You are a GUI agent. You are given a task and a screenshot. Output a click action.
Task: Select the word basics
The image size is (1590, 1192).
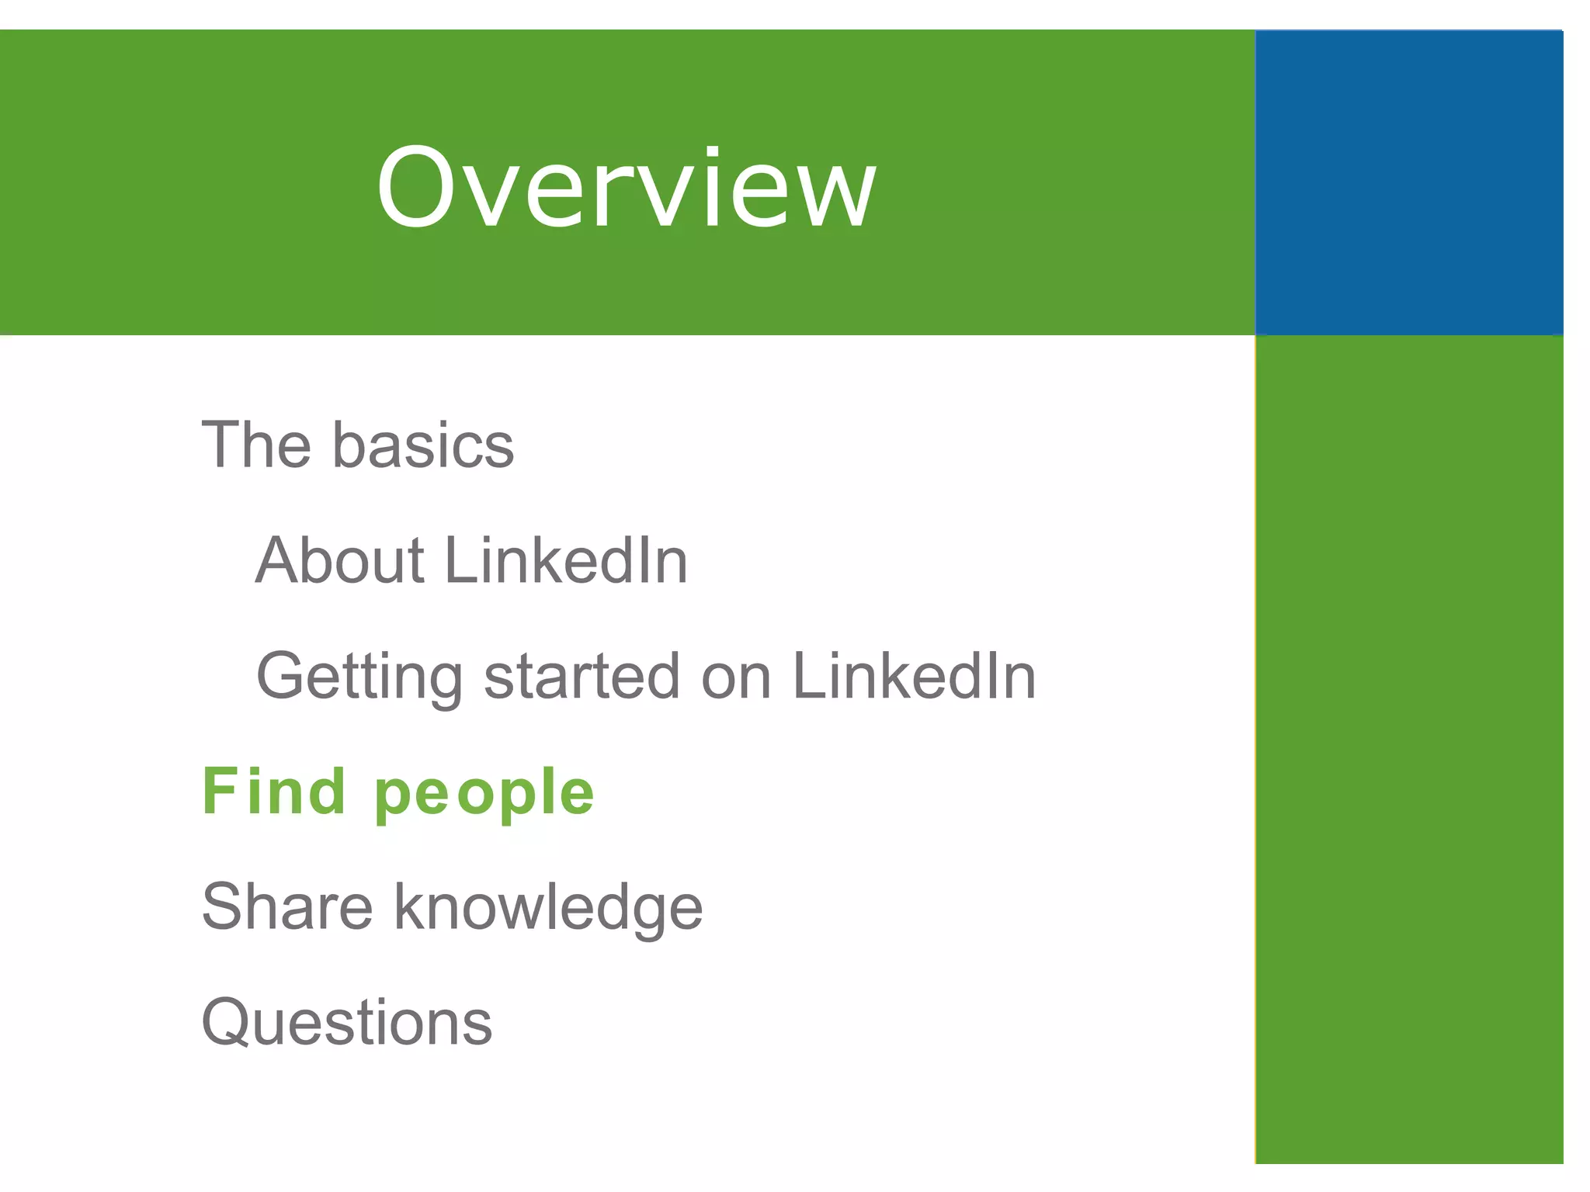(x=423, y=445)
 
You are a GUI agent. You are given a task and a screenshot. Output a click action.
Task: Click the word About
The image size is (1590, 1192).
(x=340, y=560)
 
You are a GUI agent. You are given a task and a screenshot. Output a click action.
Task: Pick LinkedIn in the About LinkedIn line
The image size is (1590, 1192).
(x=566, y=560)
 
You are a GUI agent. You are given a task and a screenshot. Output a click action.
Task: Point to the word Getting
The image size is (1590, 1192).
(x=359, y=677)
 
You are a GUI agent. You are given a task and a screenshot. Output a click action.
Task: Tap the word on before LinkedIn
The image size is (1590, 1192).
(x=735, y=677)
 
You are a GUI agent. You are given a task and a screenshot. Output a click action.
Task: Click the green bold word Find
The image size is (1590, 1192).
(x=273, y=791)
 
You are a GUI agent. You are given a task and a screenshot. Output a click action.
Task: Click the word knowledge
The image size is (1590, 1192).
(x=548, y=908)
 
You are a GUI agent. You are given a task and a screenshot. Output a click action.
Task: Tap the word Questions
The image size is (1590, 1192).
(x=347, y=1022)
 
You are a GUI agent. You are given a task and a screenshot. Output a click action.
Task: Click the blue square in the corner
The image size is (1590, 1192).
(x=1408, y=183)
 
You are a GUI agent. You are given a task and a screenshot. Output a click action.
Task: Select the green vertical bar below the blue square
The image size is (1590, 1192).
(x=1408, y=749)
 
